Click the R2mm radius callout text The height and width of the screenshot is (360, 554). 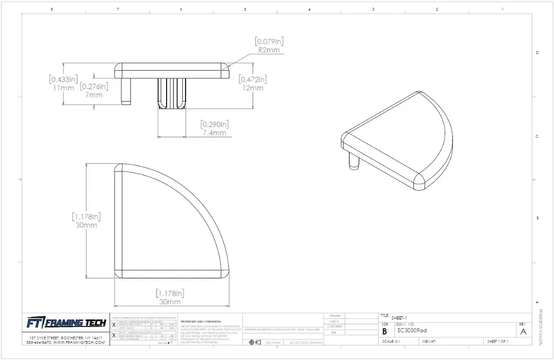coord(269,50)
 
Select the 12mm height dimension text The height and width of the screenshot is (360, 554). coord(253,88)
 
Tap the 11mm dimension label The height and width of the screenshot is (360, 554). coord(63,88)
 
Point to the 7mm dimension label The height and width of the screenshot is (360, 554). coord(94,95)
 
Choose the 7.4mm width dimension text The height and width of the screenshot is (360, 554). coord(214,133)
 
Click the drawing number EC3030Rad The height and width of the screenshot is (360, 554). coord(412,330)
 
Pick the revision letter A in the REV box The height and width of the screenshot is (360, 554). coord(523,331)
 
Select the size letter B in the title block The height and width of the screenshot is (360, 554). coord(385,331)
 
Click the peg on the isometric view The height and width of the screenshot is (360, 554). coord(354,161)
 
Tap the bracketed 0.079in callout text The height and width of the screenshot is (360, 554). coord(269,41)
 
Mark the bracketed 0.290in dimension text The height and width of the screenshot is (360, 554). coord(214,124)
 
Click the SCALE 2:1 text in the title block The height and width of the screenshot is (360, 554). coord(391,342)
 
